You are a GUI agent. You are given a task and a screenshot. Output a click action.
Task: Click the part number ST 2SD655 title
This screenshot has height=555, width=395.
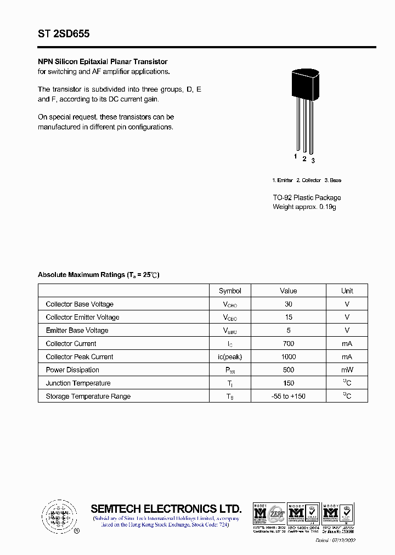pos(64,34)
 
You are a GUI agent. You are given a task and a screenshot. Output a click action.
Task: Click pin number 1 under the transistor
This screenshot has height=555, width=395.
pos(295,157)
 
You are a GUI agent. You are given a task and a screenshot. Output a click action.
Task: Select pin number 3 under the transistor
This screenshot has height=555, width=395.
pos(313,161)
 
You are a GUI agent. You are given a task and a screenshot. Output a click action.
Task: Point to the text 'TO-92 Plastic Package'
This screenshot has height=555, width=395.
pos(307,197)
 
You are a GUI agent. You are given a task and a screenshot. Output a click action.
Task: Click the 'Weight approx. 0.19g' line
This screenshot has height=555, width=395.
pos(304,207)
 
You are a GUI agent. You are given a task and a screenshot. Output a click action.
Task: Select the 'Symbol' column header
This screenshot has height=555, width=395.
pos(230,291)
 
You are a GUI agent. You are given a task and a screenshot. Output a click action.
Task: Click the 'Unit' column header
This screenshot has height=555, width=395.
pos(347,291)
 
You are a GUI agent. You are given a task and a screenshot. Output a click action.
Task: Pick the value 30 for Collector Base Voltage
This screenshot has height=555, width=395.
pos(289,304)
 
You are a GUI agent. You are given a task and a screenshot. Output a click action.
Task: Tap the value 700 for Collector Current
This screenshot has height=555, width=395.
pos(289,343)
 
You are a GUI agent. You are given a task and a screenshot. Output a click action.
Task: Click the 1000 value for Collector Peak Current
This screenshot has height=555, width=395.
pos(289,356)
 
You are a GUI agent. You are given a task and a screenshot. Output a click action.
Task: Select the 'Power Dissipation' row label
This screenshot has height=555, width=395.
pos(72,370)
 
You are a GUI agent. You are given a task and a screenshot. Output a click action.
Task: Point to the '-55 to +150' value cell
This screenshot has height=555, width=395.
pos(289,396)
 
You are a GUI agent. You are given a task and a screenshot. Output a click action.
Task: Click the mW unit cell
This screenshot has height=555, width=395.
pos(347,370)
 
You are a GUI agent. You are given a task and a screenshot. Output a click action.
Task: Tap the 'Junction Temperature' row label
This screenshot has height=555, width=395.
pos(78,383)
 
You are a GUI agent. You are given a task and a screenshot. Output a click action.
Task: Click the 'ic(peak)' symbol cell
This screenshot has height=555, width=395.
pos(230,356)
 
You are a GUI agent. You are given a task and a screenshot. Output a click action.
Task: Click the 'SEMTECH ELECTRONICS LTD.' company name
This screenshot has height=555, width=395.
pos(166,508)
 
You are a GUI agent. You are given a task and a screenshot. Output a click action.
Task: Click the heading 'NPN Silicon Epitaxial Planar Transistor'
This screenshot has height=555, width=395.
pos(103,62)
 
